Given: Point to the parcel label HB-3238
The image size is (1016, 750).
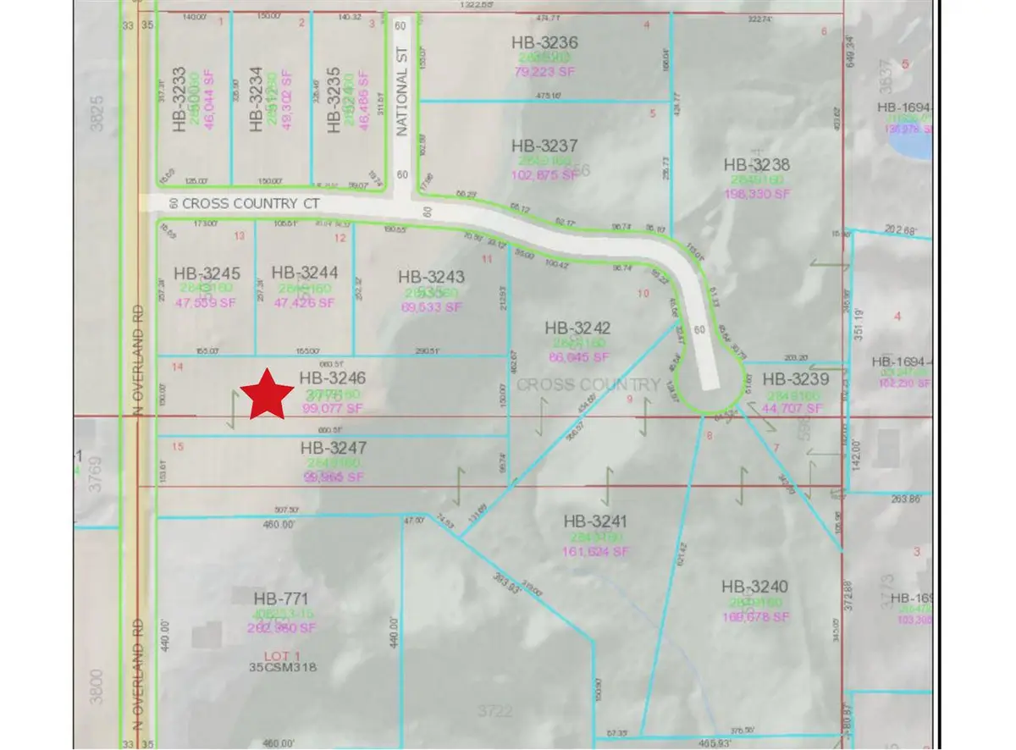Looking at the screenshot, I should click(756, 164).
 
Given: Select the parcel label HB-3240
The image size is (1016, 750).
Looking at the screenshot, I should click(755, 587).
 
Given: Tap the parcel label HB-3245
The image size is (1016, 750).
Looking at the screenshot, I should click(207, 273).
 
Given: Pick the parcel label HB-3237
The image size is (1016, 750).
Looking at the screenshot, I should click(545, 146).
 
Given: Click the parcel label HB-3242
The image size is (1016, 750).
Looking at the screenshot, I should click(578, 328).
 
